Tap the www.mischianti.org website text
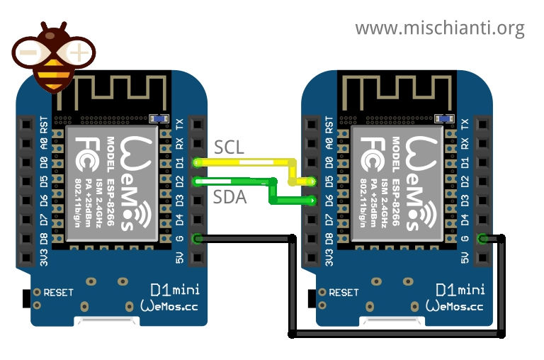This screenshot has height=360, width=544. pyautogui.click(x=439, y=28)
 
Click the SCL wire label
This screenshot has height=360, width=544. pyautogui.click(x=229, y=147)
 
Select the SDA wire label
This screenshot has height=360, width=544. pyautogui.click(x=229, y=198)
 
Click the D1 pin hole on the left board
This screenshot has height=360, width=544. pyautogui.click(x=197, y=162)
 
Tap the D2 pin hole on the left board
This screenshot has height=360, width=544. pyautogui.click(x=197, y=181)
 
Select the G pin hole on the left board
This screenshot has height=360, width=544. pyautogui.click(x=197, y=239)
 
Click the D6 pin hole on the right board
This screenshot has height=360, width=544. pyautogui.click(x=311, y=201)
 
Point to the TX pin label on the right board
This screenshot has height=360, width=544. pyautogui.click(x=465, y=124)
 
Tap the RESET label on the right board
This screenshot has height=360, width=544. pyautogui.click(x=344, y=292)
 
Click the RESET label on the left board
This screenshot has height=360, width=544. pyautogui.click(x=58, y=292)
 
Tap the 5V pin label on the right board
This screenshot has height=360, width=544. pyautogui.click(x=465, y=257)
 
